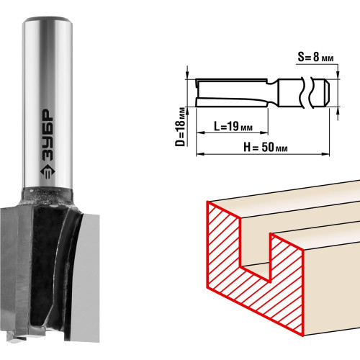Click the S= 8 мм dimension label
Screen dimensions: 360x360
click(x=315, y=58)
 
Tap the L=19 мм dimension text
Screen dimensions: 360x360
click(x=233, y=126)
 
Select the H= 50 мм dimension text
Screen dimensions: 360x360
click(x=266, y=147)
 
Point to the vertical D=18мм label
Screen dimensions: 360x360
click(x=181, y=127)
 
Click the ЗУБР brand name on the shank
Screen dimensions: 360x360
click(x=48, y=135)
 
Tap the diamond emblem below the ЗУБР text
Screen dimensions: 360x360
click(x=48, y=172)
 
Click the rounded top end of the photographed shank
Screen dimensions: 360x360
click(x=48, y=19)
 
